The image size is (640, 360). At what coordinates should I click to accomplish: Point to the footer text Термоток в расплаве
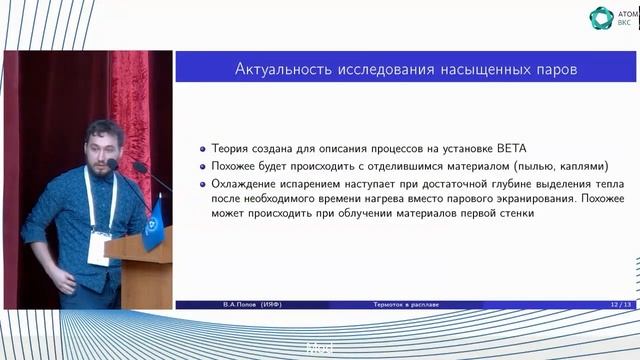(399, 303)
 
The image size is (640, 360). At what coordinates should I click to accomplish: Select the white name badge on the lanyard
(99, 246)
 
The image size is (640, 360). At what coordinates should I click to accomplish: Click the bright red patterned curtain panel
(129, 100)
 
